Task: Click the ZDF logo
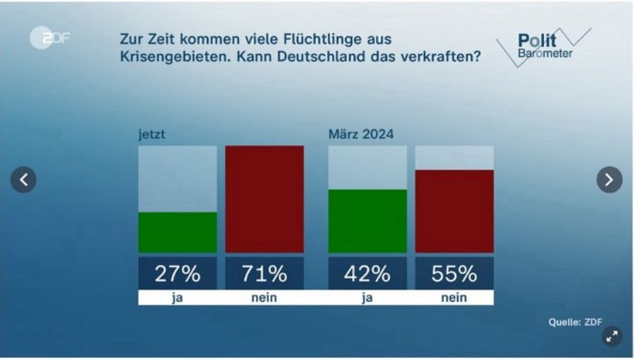pos(50,38)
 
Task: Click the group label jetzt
pos(152,134)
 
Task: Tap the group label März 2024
pos(361,134)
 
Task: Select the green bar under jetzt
pos(177,232)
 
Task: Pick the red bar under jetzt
pos(265,199)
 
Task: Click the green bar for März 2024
pos(367,221)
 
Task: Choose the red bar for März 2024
pos(454,211)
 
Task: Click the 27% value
pos(177,273)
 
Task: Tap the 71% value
pos(265,273)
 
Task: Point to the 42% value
pos(367,273)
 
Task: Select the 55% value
pos(454,273)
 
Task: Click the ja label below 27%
pos(177,297)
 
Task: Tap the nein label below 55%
pos(454,297)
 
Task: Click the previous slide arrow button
pos(23,180)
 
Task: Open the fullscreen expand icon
pos(612,336)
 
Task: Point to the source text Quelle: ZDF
pos(575,322)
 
